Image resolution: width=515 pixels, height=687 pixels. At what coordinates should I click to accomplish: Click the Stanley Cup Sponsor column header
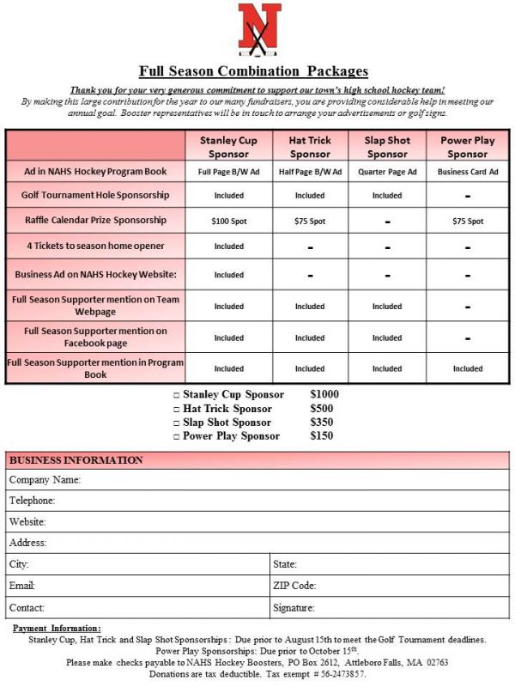228,147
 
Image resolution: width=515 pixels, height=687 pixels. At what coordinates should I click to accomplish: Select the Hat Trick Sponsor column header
309,147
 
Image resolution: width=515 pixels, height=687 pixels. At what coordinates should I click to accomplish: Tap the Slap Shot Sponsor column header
387,147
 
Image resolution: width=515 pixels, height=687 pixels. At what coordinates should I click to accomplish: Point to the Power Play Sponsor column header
467,147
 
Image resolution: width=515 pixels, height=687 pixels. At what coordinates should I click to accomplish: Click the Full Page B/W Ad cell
228,172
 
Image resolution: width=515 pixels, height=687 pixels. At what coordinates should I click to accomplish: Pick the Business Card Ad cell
467,172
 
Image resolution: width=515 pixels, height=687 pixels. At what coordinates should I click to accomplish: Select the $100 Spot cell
228,221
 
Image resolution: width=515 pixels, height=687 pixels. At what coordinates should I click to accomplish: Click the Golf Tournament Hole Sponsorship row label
95,195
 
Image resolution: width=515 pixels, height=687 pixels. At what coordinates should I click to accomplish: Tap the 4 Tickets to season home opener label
95,246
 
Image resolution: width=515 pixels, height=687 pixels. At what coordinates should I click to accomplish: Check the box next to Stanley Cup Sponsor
176,396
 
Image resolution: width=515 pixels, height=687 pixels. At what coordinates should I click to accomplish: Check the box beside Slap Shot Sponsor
176,423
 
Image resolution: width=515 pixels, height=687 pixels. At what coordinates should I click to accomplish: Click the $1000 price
325,395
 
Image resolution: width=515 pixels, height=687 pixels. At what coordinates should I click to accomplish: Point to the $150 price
322,436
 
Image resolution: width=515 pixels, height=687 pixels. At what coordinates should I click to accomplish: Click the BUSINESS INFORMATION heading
76,460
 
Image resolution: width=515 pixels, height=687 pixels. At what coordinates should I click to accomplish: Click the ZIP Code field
412,586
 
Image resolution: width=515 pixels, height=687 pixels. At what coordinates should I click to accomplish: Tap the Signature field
412,608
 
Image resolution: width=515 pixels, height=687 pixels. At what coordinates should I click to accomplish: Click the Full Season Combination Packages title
253,71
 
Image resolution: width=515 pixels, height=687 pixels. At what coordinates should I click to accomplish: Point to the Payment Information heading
57,629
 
